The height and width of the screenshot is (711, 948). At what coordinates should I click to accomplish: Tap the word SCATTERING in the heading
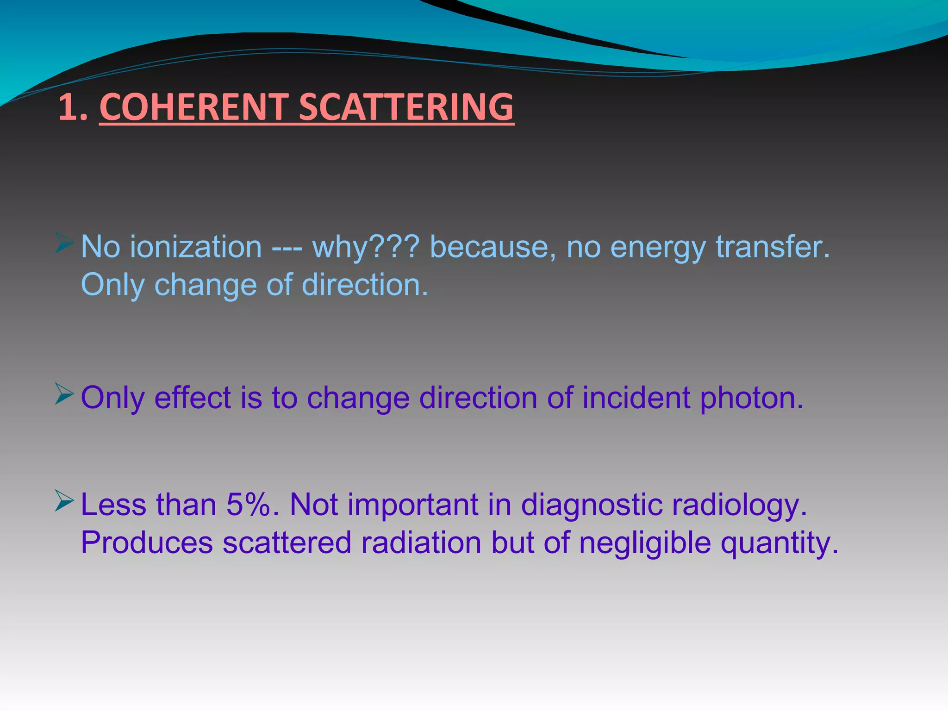[406, 107]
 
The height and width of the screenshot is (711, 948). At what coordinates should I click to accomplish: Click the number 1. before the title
[73, 107]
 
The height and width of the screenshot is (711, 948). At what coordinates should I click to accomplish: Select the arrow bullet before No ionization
[64, 243]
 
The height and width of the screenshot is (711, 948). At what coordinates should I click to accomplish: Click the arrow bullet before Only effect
[64, 393]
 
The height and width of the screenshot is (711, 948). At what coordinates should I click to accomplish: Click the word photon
[751, 398]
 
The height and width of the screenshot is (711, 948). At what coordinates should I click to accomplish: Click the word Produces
[147, 543]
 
